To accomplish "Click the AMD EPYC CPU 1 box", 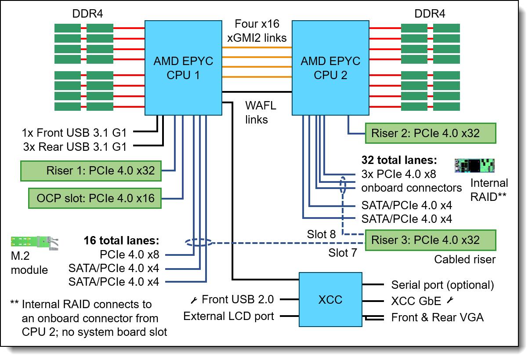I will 183,68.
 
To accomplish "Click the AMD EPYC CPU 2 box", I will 330,68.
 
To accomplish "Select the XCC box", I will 330,299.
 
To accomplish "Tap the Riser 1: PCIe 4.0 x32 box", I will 91,171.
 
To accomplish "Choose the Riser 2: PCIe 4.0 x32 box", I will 431,132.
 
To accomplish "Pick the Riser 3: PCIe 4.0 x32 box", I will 431,240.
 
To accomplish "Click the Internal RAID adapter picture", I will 474,165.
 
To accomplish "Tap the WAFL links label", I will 257,113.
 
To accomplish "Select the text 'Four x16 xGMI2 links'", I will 257,30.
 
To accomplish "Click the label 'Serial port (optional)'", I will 442,285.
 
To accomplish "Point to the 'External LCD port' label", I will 229,316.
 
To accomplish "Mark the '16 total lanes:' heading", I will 121,240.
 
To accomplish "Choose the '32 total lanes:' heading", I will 398,160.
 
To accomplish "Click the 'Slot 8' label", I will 322,234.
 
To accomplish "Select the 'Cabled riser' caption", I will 465,259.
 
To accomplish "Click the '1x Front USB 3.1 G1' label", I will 74,132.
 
